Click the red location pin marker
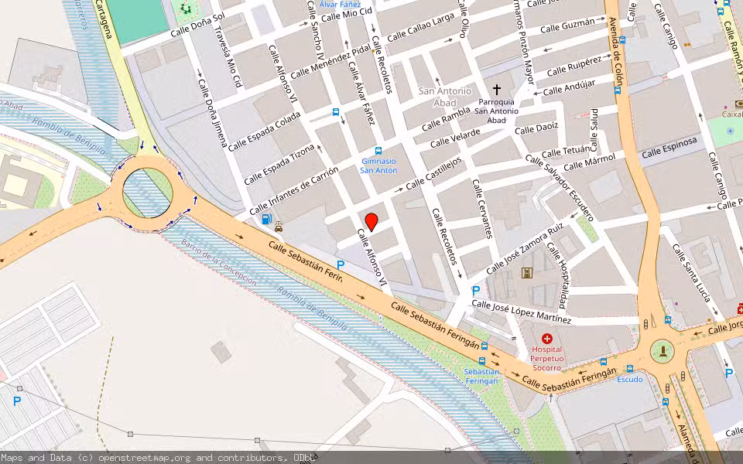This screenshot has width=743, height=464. click(x=371, y=222)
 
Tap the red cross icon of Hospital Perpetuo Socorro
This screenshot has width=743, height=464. click(x=547, y=339)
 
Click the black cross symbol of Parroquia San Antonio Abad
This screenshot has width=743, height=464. click(x=497, y=90)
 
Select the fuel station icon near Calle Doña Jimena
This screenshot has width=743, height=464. click(x=267, y=219)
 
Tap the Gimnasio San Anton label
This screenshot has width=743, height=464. click(x=378, y=165)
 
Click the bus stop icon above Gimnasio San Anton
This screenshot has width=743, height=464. click(x=378, y=151)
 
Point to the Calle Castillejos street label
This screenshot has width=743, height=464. click(x=433, y=172)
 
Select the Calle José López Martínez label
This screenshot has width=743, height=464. click(x=521, y=312)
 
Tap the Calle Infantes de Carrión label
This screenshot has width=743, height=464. click(x=293, y=191)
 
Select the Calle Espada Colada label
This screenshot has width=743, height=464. click(x=264, y=131)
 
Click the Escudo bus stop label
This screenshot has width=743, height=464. click(x=629, y=379)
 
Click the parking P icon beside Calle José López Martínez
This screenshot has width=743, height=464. click(x=476, y=291)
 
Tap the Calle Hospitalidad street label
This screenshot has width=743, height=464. click(x=558, y=275)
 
